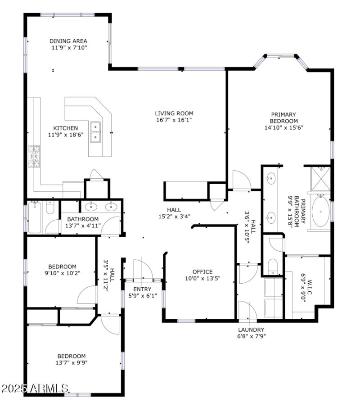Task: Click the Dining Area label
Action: (68, 41)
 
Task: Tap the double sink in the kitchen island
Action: (95, 132)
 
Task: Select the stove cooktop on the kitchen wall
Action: (34, 156)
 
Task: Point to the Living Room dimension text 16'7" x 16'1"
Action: (174, 120)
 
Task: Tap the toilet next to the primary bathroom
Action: (273, 265)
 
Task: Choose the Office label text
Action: (202, 271)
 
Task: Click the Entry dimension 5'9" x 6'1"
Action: (142, 296)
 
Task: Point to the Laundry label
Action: (251, 330)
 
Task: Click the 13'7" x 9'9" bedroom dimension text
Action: (71, 362)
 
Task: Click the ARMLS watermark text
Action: (35, 388)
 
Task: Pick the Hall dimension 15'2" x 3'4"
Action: (174, 217)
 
